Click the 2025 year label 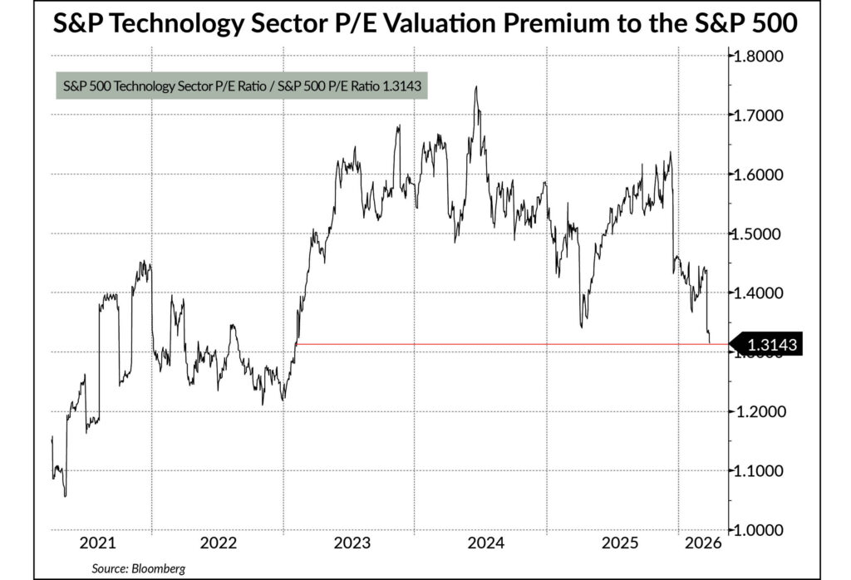coord(617,543)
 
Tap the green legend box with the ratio coord(241,85)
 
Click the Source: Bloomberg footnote coord(140,568)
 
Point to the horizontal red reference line coord(499,343)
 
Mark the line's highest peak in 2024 coord(476,86)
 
